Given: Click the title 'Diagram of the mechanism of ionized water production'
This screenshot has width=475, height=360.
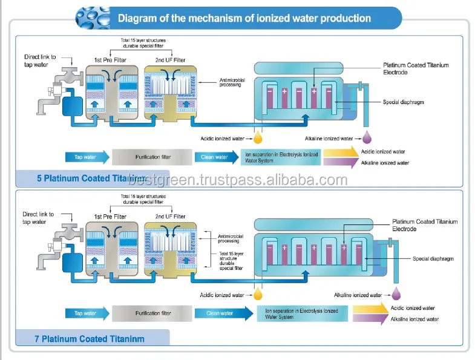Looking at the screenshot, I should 244,18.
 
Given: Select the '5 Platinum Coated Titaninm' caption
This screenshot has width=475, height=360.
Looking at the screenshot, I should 91,178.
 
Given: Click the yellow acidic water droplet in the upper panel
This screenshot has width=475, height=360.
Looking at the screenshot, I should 258,137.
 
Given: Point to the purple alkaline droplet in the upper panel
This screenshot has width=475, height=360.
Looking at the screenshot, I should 367,137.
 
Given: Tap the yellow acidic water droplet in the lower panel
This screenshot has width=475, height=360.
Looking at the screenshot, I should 258,294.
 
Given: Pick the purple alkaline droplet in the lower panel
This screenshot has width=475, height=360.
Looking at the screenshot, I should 396,294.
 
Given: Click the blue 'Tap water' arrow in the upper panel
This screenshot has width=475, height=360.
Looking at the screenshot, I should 87,157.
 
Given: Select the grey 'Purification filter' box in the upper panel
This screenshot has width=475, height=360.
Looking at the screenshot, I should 153,157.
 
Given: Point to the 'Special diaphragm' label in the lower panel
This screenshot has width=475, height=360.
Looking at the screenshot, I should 433,258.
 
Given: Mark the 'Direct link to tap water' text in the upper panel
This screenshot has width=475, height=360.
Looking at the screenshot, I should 40,61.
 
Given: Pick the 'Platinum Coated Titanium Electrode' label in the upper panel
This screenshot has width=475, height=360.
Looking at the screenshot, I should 416,68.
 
